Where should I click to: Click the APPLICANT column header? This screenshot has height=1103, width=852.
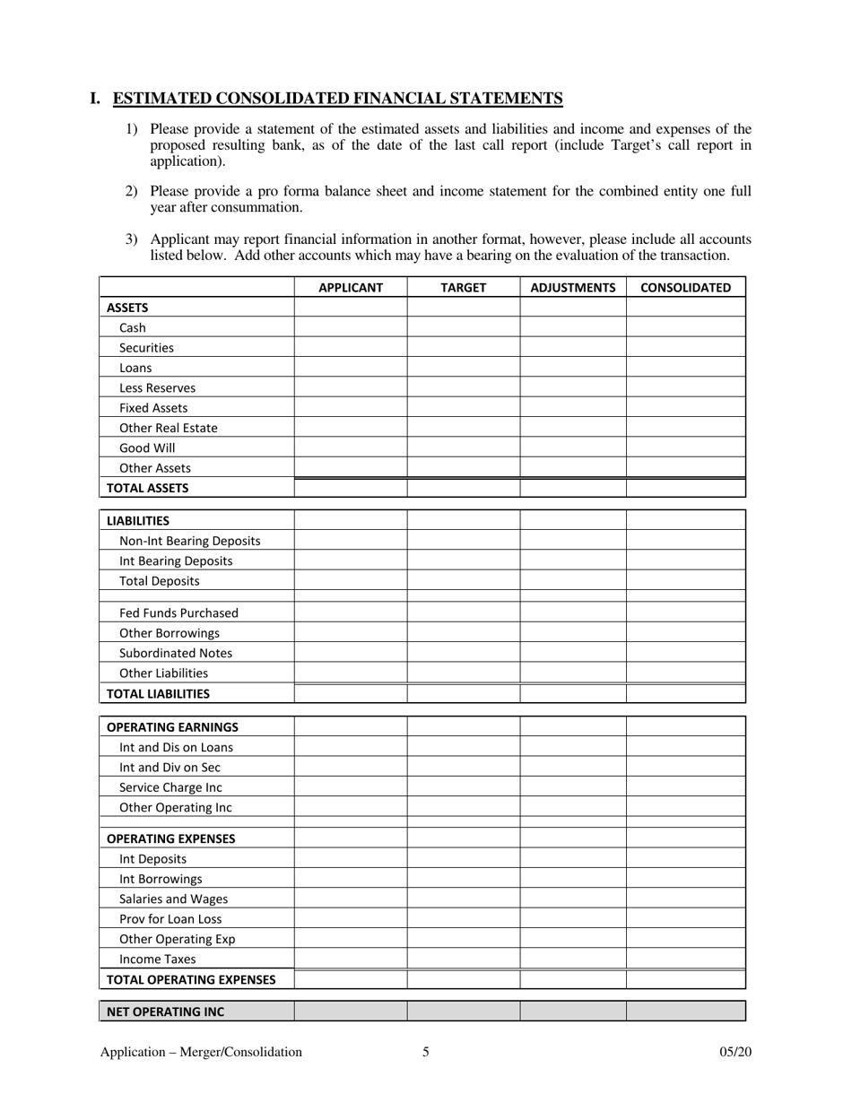pyautogui.click(x=351, y=288)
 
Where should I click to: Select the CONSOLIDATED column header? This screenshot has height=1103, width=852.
pyautogui.click(x=685, y=288)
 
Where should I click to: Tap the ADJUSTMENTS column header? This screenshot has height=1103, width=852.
pyautogui.click(x=573, y=288)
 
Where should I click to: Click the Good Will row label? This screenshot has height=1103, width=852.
pyautogui.click(x=147, y=448)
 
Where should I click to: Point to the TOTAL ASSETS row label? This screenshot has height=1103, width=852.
pyautogui.click(x=148, y=489)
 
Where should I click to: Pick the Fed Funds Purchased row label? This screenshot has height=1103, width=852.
pyautogui.click(x=178, y=613)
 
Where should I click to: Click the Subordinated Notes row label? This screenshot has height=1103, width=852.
pyautogui.click(x=176, y=654)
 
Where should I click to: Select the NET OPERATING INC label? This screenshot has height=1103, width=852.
pyautogui.click(x=166, y=1012)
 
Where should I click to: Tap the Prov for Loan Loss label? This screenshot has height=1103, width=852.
pyautogui.click(x=170, y=919)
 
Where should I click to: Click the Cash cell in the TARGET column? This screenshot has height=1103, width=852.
pyautogui.click(x=464, y=328)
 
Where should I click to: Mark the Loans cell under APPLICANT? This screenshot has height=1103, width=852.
pyautogui.click(x=351, y=369)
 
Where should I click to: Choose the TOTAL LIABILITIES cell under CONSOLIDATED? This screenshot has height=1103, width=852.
pyautogui.click(x=685, y=693)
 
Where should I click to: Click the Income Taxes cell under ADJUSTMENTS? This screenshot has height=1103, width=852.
pyautogui.click(x=573, y=960)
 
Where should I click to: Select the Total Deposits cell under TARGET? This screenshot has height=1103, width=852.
pyautogui.click(x=464, y=581)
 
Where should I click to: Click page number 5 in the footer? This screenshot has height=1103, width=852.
pyautogui.click(x=426, y=1053)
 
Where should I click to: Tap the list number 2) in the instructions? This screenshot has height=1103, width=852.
pyautogui.click(x=131, y=191)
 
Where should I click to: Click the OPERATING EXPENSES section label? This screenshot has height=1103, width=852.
pyautogui.click(x=171, y=839)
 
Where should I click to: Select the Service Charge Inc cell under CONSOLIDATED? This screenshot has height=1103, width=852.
pyautogui.click(x=685, y=787)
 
